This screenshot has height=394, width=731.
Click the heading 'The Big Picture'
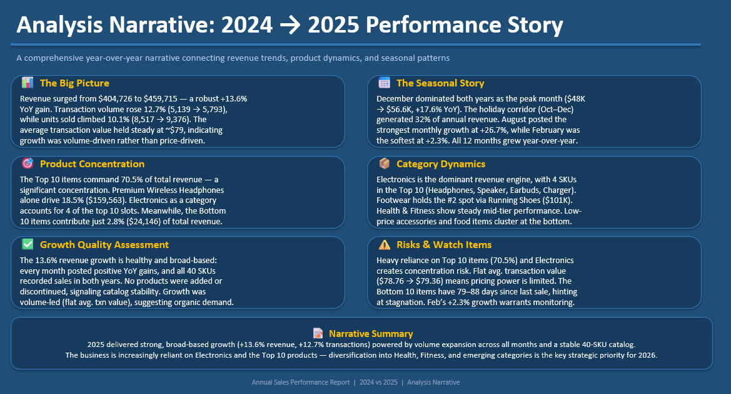tap(74, 83)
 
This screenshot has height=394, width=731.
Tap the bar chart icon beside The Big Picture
tap(27, 83)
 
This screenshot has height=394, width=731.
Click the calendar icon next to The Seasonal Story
tap(385, 83)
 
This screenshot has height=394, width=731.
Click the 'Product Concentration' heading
tap(92, 164)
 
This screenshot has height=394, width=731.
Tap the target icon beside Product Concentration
tap(27, 163)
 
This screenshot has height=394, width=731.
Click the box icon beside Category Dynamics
tap(385, 163)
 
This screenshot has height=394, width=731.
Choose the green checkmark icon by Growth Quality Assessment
tap(27, 244)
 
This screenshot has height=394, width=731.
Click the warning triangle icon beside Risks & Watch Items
tap(385, 244)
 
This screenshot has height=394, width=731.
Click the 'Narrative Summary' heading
tap(371, 334)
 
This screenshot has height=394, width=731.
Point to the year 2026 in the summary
tap(647, 355)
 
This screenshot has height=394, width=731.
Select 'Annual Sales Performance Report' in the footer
tap(301, 382)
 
